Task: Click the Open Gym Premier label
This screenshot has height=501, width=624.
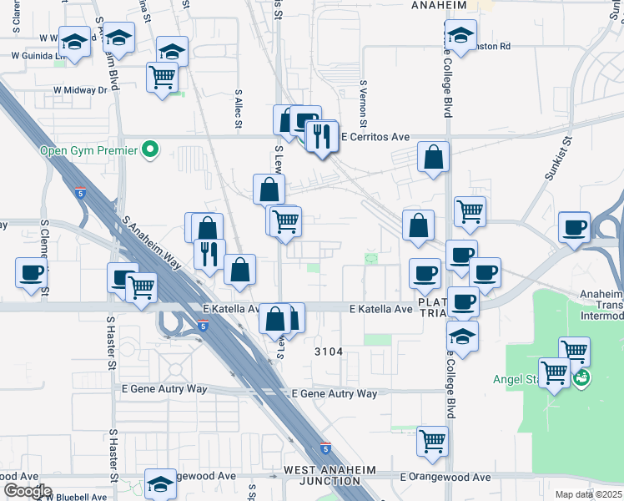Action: pos(89,150)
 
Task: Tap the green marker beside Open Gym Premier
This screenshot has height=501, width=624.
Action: pos(150,150)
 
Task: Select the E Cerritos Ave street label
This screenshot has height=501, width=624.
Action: pos(376,136)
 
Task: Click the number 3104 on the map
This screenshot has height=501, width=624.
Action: pos(329,352)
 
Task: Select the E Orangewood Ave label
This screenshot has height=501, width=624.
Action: pos(445,477)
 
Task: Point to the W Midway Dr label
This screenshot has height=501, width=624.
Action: pos(80,89)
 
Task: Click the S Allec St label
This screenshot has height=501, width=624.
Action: pos(238,109)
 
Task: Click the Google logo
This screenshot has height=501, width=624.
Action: pos(27,491)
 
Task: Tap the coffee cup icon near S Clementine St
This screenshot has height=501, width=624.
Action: pos(32,272)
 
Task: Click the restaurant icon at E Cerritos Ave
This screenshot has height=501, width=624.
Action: pos(322,134)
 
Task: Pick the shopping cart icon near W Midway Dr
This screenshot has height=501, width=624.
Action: pos(163,78)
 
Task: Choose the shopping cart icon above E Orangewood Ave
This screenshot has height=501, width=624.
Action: pos(432,441)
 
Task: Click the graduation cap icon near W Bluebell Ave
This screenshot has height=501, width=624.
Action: pos(161,483)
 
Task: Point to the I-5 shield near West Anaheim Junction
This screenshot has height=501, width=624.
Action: pos(325,448)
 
